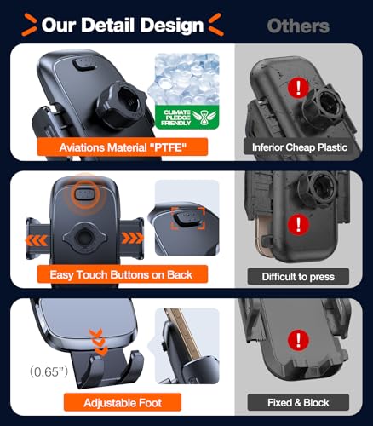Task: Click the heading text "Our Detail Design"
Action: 123,25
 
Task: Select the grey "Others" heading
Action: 298,26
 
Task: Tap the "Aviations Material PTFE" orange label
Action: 123,147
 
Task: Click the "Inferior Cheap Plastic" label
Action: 300,147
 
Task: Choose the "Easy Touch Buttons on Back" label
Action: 123,274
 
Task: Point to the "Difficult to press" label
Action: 298,277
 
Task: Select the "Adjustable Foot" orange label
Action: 123,402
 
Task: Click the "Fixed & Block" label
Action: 298,402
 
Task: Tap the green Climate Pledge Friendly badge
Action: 187,118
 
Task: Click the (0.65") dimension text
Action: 49,371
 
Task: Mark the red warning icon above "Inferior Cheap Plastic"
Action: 298,87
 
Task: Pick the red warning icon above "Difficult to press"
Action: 298,224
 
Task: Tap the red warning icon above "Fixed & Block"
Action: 298,339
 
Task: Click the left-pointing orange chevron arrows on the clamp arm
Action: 37,240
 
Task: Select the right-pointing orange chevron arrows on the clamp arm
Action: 133,238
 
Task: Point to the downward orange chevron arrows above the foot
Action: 98,342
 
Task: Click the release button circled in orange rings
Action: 84,194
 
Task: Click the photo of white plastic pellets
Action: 187,79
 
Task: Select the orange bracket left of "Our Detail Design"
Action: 29,25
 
